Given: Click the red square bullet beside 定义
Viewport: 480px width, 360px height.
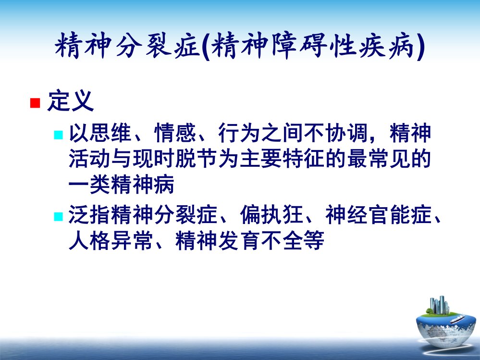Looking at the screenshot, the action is pos(35,103).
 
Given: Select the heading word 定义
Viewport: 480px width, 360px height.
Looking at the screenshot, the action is pos(70,101).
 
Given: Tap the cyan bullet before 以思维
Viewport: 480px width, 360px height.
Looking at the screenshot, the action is pos(58,135).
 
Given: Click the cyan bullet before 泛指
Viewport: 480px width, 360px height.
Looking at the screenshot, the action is pos(58,216).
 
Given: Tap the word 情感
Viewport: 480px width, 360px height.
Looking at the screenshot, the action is pos(175,133).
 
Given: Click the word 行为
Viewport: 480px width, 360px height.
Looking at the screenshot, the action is pos(239,133).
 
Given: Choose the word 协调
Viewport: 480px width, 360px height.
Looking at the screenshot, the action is pos(346,133).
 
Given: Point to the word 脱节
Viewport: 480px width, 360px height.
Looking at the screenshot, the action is pos(197,159).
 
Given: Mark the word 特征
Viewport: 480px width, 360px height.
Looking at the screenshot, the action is pos(304,159).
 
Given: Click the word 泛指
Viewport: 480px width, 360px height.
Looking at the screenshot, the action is pos(90,214).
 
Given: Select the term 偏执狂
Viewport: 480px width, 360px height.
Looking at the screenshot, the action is pos(271,214).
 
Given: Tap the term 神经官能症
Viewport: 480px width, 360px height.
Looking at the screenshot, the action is pos(378,214).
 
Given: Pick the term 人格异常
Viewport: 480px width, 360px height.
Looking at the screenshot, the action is pos(111,240).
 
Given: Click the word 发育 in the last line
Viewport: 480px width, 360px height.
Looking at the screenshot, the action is pos(239,240).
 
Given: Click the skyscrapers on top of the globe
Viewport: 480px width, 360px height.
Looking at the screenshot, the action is pos(439,305).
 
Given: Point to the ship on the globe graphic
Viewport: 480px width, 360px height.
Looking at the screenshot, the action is pos(457,320).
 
